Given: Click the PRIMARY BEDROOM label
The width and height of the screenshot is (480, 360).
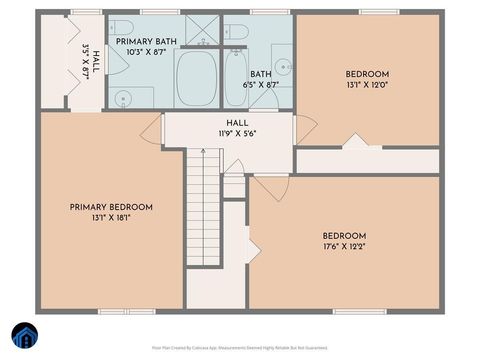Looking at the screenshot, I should point(111,207).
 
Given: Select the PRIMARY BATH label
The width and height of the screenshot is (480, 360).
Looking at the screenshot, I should point(146,42).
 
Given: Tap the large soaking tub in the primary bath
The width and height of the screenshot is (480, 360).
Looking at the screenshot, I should point(196,78).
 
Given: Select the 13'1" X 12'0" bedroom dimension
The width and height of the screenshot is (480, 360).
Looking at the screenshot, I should point(367,86).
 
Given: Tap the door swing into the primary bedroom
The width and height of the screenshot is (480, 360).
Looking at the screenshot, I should point(152,127).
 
